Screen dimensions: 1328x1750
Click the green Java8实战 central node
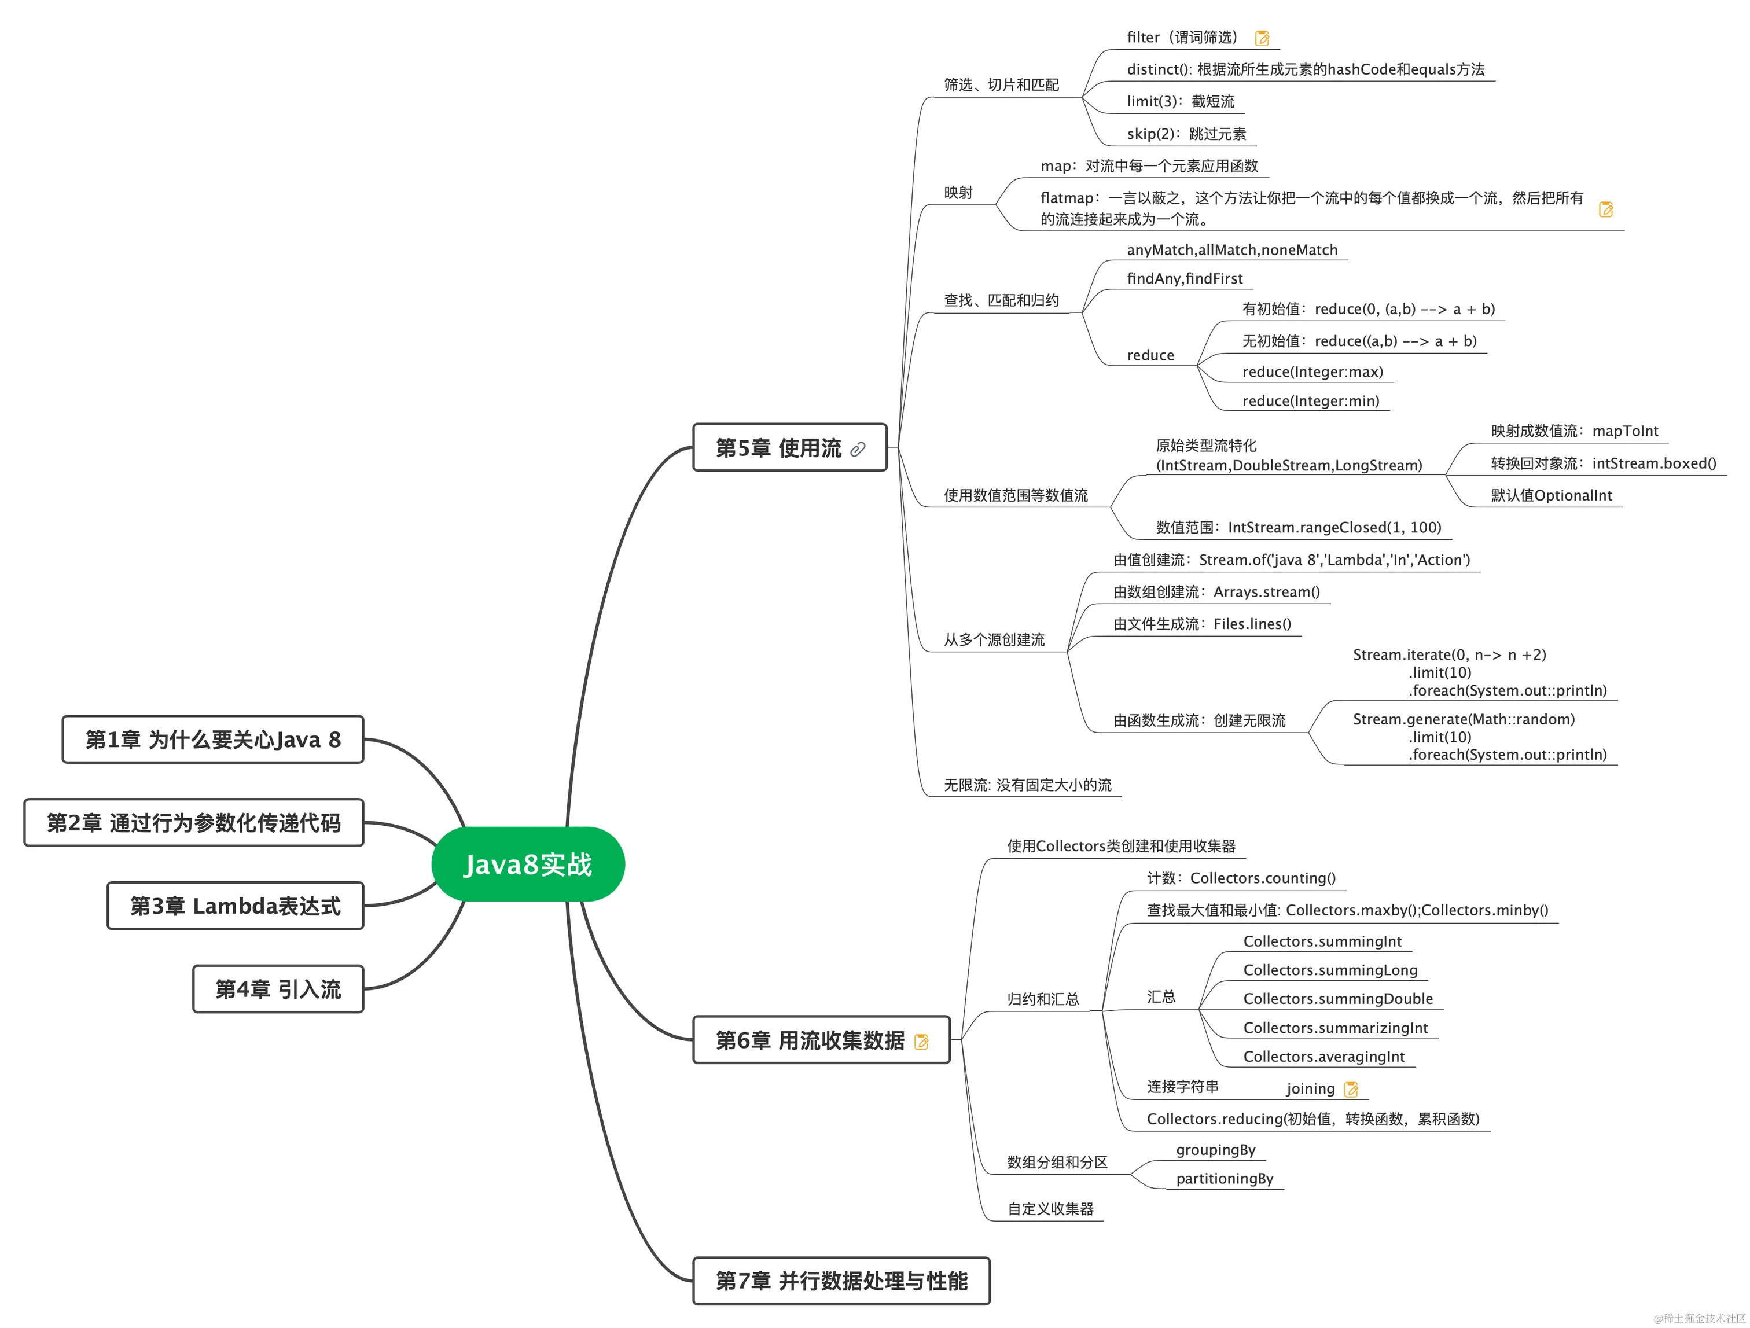tap(528, 864)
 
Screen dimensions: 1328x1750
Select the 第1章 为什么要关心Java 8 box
tap(213, 740)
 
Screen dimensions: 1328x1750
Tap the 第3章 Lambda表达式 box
tap(235, 906)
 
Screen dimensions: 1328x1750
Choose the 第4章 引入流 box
tap(278, 989)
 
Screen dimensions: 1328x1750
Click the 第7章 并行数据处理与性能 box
tap(841, 1281)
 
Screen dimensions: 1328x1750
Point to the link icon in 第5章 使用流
tap(858, 449)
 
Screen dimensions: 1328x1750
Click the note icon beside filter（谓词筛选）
tap(1262, 38)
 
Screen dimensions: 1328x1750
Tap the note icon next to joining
tap(1351, 1089)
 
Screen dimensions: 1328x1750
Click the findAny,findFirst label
tap(1185, 278)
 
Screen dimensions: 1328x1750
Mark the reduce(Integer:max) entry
tap(1312, 371)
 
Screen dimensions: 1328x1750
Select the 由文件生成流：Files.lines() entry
tap(1202, 624)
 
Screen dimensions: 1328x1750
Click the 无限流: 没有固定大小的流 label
tap(1027, 785)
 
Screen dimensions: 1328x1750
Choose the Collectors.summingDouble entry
tap(1338, 998)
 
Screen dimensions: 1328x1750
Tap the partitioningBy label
tap(1224, 1179)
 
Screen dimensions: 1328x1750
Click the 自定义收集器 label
tap(1050, 1209)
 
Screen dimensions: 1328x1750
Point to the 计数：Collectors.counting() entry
tap(1241, 878)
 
